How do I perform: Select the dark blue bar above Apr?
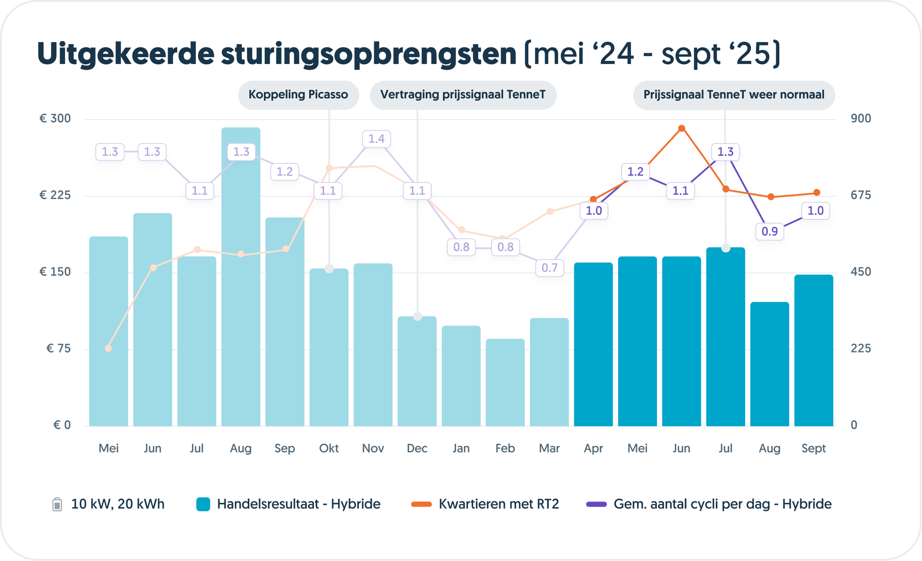coord(593,344)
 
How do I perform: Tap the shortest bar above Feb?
coord(505,383)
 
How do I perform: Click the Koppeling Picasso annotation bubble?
coord(298,95)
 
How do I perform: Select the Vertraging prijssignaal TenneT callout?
coord(462,95)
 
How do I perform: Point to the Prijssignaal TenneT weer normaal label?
coord(733,95)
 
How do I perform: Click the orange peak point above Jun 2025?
coord(682,129)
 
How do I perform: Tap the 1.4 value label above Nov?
coord(376,139)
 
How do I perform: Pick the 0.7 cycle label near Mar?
coord(549,268)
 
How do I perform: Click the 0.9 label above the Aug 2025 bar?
coord(769,231)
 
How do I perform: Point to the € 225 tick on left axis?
coord(55,195)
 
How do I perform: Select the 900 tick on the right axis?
coord(860,118)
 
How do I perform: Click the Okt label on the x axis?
coord(329,448)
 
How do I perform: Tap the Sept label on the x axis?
coord(814,448)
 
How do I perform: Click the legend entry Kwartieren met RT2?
coord(498,504)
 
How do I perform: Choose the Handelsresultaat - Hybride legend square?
coord(203,504)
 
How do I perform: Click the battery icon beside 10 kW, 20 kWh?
coord(57,504)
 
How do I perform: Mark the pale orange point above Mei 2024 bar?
coord(108,348)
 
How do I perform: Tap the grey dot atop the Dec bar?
coord(417,316)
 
